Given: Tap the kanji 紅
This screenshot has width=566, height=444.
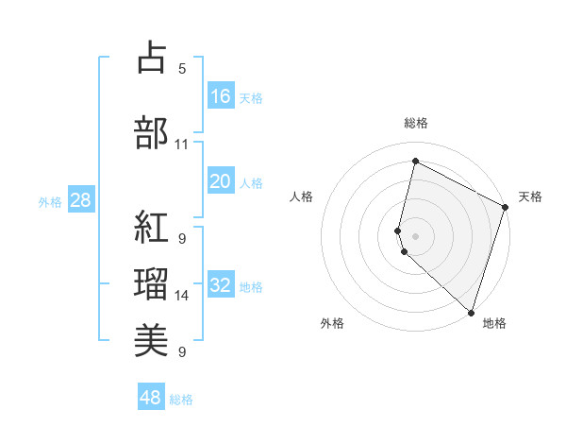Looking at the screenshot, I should [x=152, y=227].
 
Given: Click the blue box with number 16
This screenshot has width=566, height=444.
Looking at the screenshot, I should [x=221, y=95].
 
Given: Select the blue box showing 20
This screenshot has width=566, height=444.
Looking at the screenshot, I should [x=221, y=181].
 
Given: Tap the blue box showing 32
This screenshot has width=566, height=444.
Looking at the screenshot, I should [x=221, y=286].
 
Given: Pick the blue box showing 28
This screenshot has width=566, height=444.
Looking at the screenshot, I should [x=80, y=200].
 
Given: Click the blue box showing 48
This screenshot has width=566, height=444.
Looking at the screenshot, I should [x=151, y=397].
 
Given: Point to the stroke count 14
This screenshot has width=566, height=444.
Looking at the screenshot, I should [x=182, y=296].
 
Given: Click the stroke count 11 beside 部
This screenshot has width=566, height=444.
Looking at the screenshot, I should [x=182, y=145].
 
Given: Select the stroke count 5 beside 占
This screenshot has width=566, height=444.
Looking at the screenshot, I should [x=182, y=68].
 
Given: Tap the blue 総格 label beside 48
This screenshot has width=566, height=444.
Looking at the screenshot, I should [x=181, y=400].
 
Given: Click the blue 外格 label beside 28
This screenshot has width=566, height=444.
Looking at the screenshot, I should [x=50, y=202].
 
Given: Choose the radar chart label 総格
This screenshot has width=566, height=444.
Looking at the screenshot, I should [x=415, y=123].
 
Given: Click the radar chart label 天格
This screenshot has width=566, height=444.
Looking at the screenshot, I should [x=530, y=196].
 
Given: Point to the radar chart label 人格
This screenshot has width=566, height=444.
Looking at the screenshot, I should [x=301, y=196].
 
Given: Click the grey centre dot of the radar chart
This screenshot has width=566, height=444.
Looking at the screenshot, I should [x=415, y=234].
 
